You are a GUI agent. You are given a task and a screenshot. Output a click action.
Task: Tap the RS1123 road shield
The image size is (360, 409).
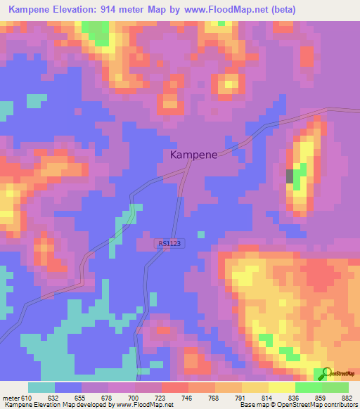[x=169, y=244]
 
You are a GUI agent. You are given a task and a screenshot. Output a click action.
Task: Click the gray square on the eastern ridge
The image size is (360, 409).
[x=290, y=176]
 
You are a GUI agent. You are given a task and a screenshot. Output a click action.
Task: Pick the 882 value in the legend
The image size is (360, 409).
[x=347, y=397]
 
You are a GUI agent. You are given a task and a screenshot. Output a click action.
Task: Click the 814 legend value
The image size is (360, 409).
[x=267, y=397]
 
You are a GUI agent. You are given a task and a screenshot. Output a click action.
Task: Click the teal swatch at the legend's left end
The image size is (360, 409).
[x=41, y=387]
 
